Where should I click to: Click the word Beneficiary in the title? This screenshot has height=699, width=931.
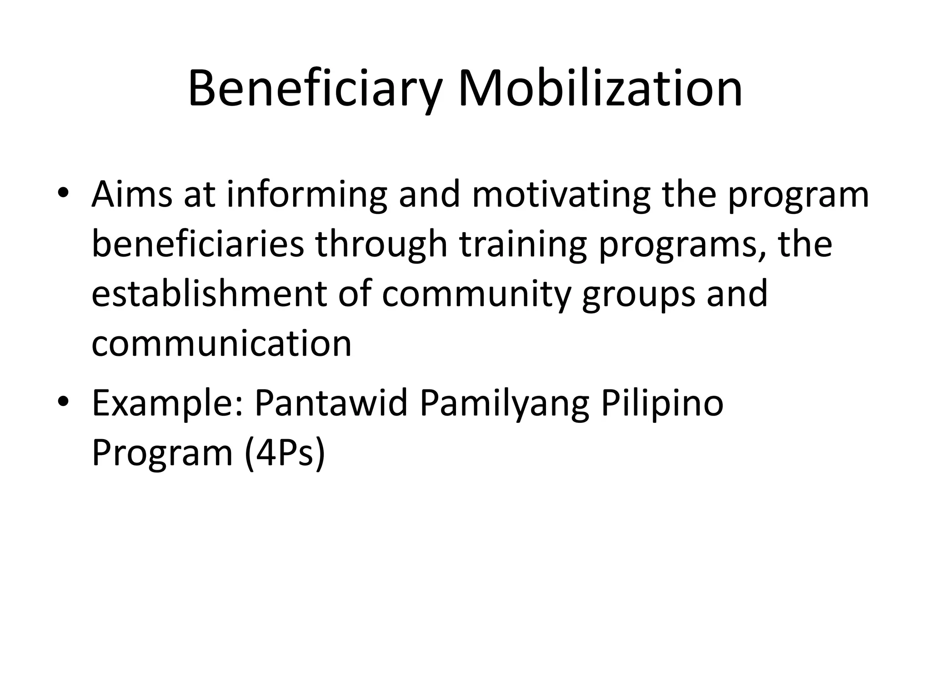pyautogui.click(x=315, y=89)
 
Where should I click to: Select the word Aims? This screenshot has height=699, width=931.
pyautogui.click(x=132, y=194)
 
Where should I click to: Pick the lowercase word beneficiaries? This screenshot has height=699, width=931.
pyautogui.click(x=198, y=244)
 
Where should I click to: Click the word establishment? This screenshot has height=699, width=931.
pyautogui.click(x=209, y=294)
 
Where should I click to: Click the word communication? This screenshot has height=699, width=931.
pyautogui.click(x=221, y=344)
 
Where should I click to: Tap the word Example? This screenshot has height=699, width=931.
pyautogui.click(x=168, y=404)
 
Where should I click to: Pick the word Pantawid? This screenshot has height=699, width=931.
pyautogui.click(x=331, y=403)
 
